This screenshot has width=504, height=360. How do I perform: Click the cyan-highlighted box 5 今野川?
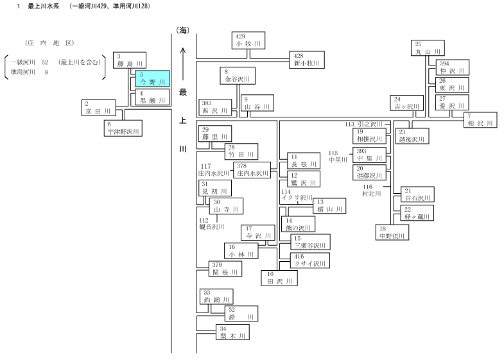(x=152, y=79)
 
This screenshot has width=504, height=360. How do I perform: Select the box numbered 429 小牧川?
(x=248, y=40)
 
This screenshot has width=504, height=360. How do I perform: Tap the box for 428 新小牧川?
(x=307, y=60)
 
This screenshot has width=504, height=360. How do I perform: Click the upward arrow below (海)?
(x=183, y=64)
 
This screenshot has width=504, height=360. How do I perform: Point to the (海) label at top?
(x=182, y=30)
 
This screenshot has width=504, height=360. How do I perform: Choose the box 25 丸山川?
(x=428, y=48)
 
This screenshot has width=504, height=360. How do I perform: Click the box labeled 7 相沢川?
(x=480, y=120)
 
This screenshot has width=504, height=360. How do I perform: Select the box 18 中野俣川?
(x=392, y=232)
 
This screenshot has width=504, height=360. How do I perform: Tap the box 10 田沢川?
(x=279, y=278)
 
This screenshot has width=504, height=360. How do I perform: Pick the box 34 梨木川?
(x=232, y=332)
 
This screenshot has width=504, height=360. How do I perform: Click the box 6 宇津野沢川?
(x=123, y=128)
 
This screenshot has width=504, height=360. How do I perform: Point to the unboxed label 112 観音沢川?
(x=211, y=224)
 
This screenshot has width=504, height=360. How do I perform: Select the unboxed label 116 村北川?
(x=372, y=191)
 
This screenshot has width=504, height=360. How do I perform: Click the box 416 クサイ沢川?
(x=310, y=261)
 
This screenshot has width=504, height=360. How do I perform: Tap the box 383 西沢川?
(x=215, y=107)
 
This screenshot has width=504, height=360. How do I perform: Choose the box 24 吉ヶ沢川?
(x=406, y=103)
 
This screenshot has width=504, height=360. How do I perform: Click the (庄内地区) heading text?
(x=49, y=43)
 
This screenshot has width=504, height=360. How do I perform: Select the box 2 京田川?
(x=98, y=108)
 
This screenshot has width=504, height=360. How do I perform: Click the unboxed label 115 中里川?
(x=338, y=157)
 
